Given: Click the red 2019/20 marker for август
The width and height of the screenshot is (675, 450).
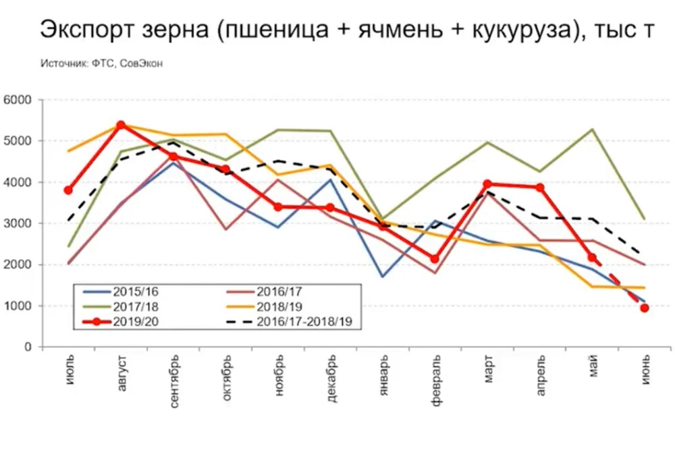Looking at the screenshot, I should (x=121, y=125).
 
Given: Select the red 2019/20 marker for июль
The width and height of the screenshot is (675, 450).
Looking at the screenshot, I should (x=68, y=190).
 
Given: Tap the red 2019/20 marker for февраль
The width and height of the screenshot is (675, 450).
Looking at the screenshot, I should (x=435, y=259).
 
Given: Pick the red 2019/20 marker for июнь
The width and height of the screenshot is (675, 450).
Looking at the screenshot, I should (x=645, y=308).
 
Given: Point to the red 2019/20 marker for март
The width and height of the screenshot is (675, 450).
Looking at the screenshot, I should (x=487, y=184).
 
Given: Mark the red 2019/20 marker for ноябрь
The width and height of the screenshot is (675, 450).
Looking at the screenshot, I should (x=278, y=206).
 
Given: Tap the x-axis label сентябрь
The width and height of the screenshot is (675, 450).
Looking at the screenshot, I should (x=173, y=382).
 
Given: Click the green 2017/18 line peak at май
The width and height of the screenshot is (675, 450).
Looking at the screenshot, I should (x=592, y=129).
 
